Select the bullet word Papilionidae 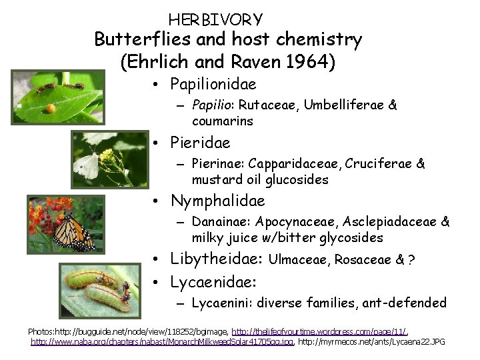tap(213, 85)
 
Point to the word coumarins tap(222, 121)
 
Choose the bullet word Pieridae tap(200, 143)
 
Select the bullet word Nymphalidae tap(218, 201)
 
